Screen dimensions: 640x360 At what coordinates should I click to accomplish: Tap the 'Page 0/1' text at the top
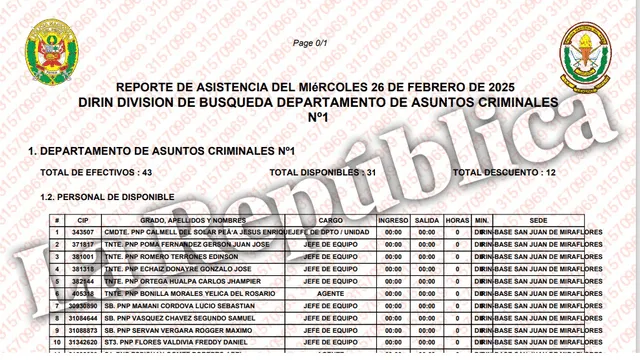(x=310, y=44)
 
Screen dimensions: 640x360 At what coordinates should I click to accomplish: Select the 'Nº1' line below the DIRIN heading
(x=318, y=118)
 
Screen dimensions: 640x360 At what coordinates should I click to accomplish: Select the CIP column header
(x=83, y=219)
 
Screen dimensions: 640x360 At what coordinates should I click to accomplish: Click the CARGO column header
(x=331, y=219)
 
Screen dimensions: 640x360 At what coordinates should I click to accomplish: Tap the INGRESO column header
(x=393, y=219)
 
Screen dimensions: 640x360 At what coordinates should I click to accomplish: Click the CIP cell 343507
(x=83, y=232)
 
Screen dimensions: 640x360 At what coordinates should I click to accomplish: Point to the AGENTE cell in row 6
(x=331, y=293)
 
